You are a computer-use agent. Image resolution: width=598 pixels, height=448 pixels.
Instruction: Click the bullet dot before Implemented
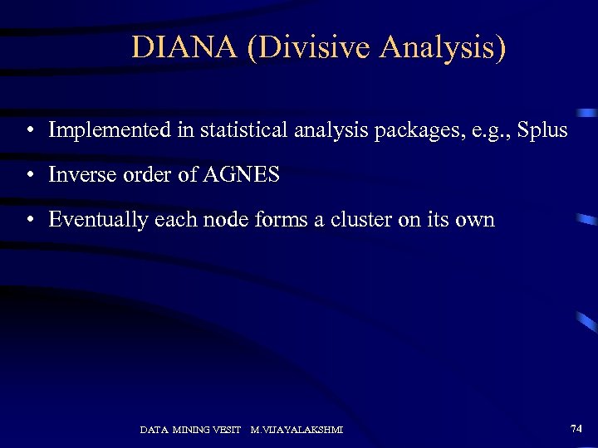point(29,131)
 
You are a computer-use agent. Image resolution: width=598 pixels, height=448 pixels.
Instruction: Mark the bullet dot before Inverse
point(29,176)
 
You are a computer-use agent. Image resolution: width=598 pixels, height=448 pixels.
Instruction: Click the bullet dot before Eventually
point(29,221)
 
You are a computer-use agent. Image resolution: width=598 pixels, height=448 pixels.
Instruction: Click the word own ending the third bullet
point(474,220)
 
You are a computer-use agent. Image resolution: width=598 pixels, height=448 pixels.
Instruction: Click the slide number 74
point(576,428)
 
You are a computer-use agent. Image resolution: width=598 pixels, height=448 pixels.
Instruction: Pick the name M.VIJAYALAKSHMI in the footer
point(297,430)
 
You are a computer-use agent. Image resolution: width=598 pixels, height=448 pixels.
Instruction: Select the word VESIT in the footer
point(225,430)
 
